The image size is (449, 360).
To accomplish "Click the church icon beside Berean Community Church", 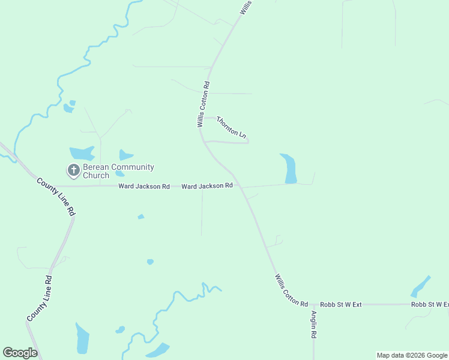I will pos(73,170).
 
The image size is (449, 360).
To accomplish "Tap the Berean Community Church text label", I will pos(118,171).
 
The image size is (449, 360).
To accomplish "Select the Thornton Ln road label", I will pos(231,128).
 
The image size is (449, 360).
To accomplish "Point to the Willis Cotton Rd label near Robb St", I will pos(291,290).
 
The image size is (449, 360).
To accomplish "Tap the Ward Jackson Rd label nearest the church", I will pos(143,187).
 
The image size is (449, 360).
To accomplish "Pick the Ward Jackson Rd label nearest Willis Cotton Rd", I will pos(207,187).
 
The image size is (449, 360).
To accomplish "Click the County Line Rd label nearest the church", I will pos(55,196).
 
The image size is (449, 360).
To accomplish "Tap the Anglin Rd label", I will pos(313,325).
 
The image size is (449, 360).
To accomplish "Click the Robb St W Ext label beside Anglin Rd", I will pos(340,305).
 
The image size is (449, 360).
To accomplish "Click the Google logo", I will pos(20,353).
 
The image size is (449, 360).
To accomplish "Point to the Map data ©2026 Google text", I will pos(412,355).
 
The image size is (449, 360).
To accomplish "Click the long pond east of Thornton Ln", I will pos(289,168).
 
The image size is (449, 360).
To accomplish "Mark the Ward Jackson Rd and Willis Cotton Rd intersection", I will pos(239,186).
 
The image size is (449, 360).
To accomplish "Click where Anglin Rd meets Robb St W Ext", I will pos(313,305).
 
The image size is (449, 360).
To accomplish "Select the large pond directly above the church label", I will pos(81,153).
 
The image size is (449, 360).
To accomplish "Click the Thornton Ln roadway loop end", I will pos(247,142).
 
